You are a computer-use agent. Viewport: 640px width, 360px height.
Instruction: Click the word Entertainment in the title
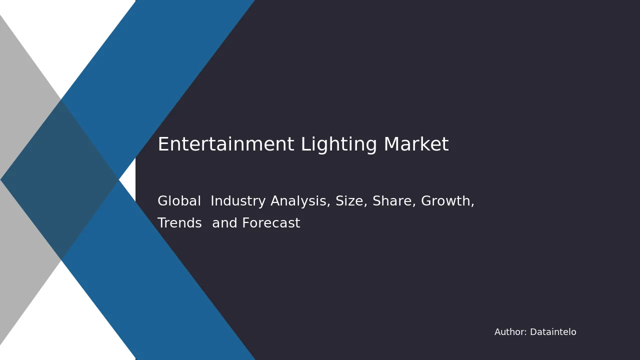[x=226, y=144]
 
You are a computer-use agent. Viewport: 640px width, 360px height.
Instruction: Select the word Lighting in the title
[x=339, y=145]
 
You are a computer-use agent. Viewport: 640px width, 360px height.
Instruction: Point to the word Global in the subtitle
[x=179, y=201]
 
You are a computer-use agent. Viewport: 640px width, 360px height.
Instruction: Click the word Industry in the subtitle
[x=238, y=201]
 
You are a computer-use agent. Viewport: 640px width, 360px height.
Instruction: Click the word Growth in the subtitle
[x=447, y=201]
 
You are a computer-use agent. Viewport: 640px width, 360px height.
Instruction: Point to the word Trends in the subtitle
[x=179, y=223]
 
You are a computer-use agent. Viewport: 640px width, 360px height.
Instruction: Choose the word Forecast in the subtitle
[x=271, y=223]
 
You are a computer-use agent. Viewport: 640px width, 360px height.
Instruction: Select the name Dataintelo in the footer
[x=553, y=332]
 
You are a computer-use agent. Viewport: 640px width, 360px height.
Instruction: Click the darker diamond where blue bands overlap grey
[x=59, y=179]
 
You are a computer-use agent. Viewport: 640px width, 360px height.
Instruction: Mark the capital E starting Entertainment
[x=162, y=144]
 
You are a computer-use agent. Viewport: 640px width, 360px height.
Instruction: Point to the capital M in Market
[x=391, y=144]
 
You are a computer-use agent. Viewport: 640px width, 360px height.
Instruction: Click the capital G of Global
[x=163, y=201]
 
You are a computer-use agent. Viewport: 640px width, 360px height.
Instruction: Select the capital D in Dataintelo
[x=533, y=332]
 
